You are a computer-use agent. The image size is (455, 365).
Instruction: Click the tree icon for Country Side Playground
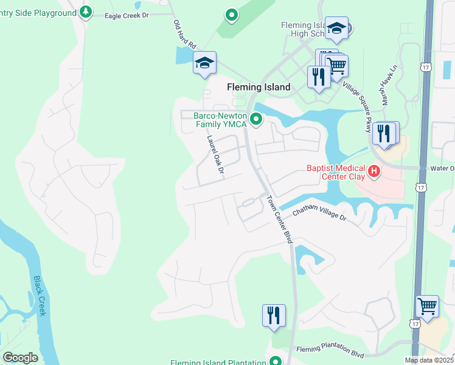86,12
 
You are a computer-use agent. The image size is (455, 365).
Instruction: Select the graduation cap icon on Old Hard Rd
205,63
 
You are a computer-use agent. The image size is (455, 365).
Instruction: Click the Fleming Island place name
259,87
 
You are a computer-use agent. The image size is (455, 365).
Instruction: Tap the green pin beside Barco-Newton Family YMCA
257,120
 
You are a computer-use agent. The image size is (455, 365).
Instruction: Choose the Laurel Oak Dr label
214,153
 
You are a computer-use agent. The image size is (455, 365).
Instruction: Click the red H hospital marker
375,173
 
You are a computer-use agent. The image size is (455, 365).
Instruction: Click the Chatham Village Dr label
319,214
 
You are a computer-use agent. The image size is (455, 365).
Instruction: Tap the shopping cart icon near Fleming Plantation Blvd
427,306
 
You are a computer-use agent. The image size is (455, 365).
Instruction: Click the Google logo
20,358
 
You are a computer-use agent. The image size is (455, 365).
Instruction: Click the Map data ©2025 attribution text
429,360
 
